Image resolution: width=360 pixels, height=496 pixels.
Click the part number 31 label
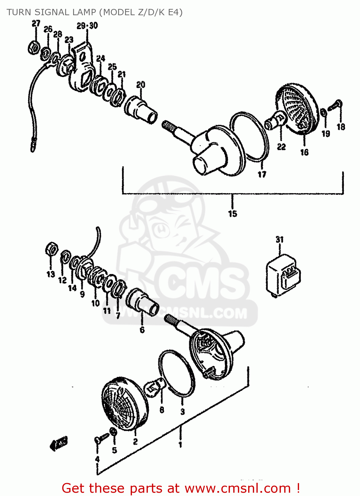280,239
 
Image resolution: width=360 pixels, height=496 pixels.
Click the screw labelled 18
335,106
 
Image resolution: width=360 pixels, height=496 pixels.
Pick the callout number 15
233,214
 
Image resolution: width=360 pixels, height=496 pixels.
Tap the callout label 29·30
87,25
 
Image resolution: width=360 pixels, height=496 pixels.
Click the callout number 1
180,445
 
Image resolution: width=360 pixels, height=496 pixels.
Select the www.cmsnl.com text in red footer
238,488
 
